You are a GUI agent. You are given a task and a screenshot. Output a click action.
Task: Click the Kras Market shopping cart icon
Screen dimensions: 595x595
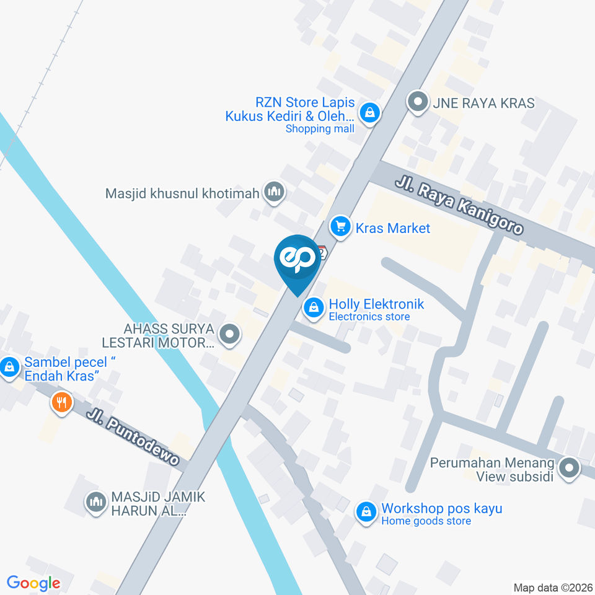[x=340, y=227]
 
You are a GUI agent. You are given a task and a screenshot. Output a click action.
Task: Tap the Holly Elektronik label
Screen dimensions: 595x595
[x=376, y=304]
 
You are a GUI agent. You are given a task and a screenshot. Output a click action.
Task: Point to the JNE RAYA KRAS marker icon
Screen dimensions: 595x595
[x=418, y=102]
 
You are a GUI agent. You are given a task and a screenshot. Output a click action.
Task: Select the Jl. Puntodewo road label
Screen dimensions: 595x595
[x=133, y=437]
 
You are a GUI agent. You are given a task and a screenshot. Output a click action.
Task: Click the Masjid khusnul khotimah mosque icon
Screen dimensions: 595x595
[x=273, y=193]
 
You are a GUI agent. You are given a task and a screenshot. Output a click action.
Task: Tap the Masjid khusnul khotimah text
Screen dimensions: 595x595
[x=182, y=193]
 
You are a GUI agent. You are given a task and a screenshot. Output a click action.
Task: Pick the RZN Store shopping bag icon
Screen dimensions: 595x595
[x=369, y=113]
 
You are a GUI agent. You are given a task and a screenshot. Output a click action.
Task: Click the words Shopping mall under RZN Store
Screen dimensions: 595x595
[x=320, y=129]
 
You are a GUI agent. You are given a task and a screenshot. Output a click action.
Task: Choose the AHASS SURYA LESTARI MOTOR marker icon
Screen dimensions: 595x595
[x=230, y=335]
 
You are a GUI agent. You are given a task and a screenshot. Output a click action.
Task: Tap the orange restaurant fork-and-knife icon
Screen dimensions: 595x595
[x=61, y=403]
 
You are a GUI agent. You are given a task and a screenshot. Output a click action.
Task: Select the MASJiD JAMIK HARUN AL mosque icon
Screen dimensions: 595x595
[x=95, y=501]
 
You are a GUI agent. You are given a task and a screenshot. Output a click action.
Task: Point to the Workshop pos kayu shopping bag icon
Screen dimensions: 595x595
[x=366, y=513]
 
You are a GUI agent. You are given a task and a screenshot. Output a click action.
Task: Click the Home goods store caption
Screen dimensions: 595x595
[x=426, y=521]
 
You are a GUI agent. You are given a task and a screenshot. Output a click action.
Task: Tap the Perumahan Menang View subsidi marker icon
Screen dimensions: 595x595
[x=568, y=469]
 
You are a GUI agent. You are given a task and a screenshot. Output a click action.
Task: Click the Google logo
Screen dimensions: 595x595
[x=33, y=583]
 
